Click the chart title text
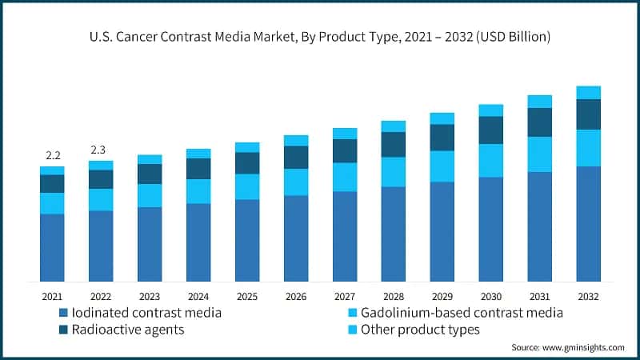[320, 37]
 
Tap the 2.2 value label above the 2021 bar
[52, 154]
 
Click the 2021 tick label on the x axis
[52, 296]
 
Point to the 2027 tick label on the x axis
[345, 296]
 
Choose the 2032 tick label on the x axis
[588, 296]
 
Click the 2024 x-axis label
[198, 296]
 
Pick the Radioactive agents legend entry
[126, 328]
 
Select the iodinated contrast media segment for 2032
[589, 224]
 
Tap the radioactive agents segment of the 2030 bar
[491, 130]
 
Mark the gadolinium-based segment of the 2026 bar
[296, 182]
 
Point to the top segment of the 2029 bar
[442, 118]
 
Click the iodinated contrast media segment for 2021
[52, 248]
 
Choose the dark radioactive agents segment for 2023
[150, 174]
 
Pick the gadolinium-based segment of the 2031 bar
[540, 154]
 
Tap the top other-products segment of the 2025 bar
[247, 147]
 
